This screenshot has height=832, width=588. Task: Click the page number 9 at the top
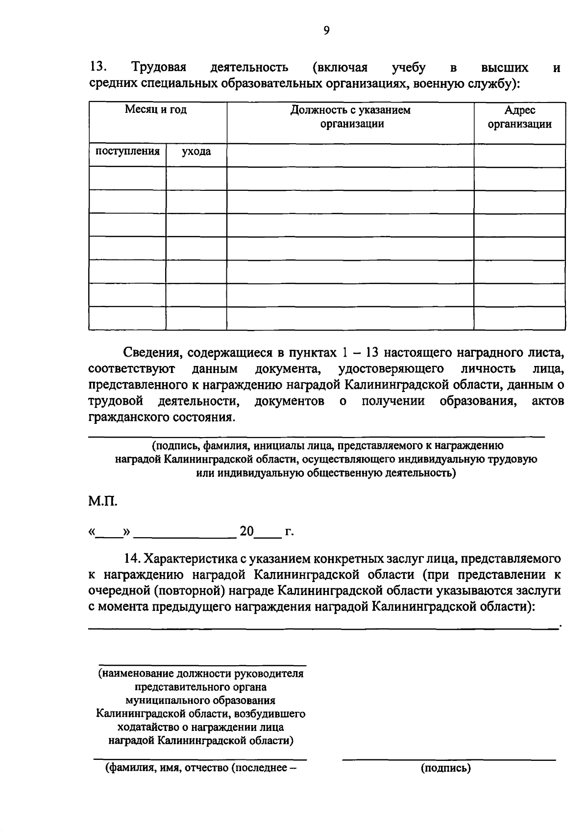(327, 30)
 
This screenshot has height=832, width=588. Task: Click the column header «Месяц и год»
(155, 110)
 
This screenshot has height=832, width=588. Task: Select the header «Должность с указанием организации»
(350, 117)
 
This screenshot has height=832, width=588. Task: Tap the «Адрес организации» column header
(519, 117)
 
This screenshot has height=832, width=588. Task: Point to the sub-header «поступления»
(127, 151)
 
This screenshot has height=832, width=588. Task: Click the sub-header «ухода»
(196, 152)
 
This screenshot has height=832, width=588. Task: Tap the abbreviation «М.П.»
(103, 501)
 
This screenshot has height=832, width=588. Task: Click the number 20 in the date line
(246, 531)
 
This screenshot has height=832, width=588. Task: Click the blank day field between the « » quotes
(109, 532)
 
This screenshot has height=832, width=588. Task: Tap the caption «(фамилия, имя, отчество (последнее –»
(201, 768)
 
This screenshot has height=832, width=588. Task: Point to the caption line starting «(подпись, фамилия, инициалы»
(327, 445)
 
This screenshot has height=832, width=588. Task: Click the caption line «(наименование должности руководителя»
(201, 674)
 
